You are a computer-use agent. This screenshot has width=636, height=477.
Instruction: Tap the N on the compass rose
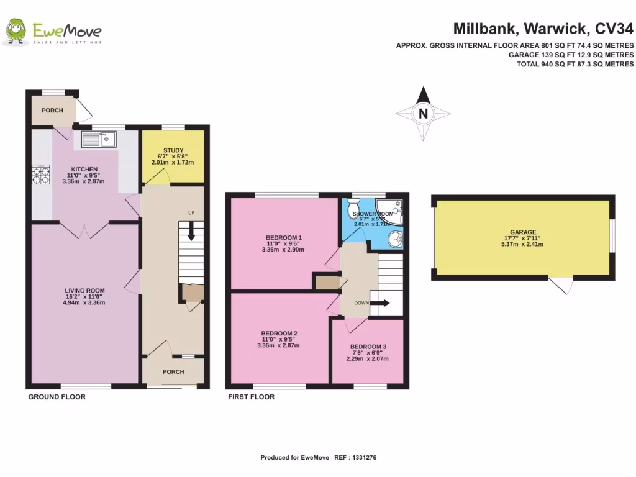pyautogui.click(x=423, y=114)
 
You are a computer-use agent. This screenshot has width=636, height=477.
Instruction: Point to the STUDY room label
pyautogui.click(x=173, y=150)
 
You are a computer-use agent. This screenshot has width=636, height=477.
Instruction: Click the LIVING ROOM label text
pyautogui.click(x=84, y=291)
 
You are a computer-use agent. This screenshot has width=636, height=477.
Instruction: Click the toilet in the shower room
pyautogui.click(x=355, y=206)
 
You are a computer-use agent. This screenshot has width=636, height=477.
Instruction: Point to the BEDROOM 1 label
pyautogui.click(x=283, y=237)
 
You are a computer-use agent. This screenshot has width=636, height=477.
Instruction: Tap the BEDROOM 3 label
pyautogui.click(x=368, y=347)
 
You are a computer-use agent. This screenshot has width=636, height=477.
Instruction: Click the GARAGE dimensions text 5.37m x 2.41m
pyautogui.click(x=523, y=244)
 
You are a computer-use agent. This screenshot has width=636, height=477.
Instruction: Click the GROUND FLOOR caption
pyautogui.click(x=57, y=397)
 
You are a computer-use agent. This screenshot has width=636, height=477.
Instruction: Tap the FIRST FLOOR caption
pyautogui.click(x=251, y=397)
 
